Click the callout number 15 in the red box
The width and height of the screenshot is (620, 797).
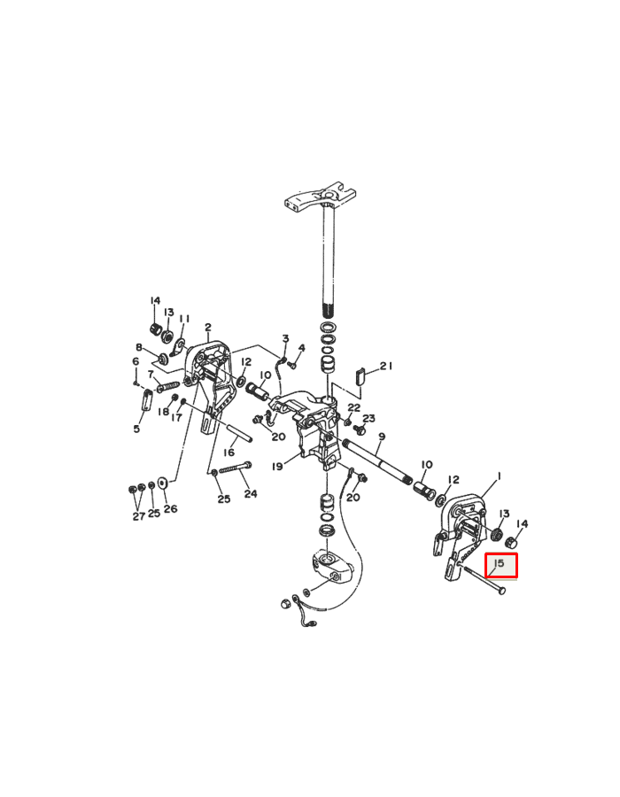point(499,563)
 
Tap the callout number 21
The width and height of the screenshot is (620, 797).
point(385,366)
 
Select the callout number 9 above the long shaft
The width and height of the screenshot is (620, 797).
point(381,437)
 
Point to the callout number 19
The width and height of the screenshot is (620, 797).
point(277,466)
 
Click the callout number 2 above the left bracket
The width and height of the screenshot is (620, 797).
point(208,328)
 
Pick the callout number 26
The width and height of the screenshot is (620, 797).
point(170,508)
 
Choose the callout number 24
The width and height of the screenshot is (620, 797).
point(251,493)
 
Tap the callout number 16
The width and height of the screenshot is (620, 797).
point(229,452)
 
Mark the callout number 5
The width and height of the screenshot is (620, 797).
point(136,429)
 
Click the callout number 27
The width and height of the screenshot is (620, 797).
point(138,515)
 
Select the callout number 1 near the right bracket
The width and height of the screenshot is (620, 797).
point(499,476)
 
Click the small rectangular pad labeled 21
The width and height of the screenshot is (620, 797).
point(360,374)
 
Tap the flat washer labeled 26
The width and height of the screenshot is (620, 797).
point(162,485)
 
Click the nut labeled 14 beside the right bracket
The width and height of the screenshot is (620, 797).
point(511,541)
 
